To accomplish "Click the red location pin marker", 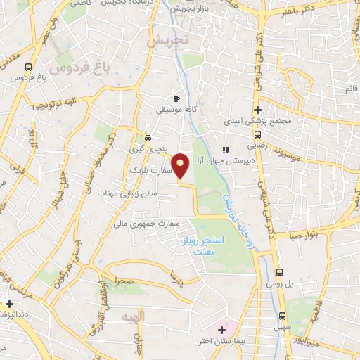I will click(181, 167).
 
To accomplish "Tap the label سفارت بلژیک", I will click(147, 171).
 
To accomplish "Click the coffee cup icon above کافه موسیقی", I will click(176, 99).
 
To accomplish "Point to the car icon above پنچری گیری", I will click(147, 138).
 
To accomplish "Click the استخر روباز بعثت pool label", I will click(217, 245).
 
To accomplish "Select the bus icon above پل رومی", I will click(279, 272).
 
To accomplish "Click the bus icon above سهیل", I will click(282, 316).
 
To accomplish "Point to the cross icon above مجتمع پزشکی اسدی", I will click(258, 110).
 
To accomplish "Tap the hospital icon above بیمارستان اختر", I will click(222, 328).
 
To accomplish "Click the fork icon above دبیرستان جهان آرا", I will click(226, 149).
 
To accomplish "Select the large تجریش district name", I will click(169, 41).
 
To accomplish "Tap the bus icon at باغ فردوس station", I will click(27, 67).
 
